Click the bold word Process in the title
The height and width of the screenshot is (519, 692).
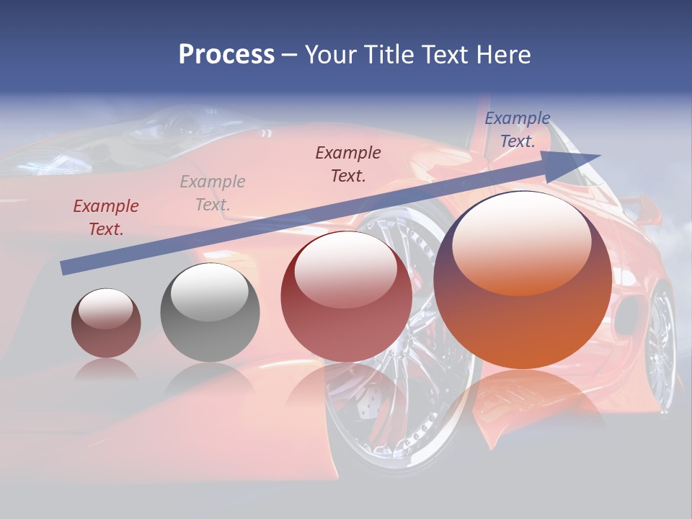pyautogui.click(x=226, y=55)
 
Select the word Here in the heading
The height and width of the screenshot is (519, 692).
pyautogui.click(x=502, y=55)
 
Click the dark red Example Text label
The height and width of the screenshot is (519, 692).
pyautogui.click(x=106, y=218)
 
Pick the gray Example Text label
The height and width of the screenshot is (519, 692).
pyautogui.click(x=213, y=193)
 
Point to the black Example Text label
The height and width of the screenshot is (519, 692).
pyautogui.click(x=348, y=164)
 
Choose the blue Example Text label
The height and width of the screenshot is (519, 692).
pyautogui.click(x=518, y=130)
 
